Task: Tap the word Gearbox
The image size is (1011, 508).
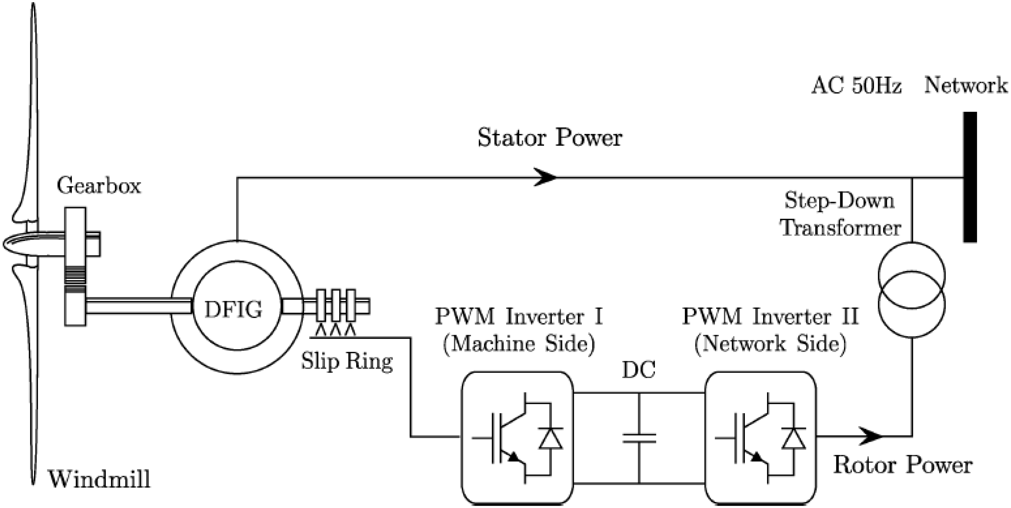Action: pyautogui.click(x=99, y=186)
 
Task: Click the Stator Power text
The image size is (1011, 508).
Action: pyautogui.click(x=549, y=138)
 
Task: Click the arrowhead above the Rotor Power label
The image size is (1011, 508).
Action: pyautogui.click(x=870, y=436)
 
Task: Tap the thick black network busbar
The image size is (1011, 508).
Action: pyautogui.click(x=970, y=177)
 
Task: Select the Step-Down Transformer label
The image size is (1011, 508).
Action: pyautogui.click(x=840, y=215)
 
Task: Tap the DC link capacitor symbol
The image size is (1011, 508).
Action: pyautogui.click(x=639, y=438)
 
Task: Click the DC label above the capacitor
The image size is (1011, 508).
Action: pyautogui.click(x=639, y=370)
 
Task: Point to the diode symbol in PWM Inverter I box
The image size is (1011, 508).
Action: pyautogui.click(x=551, y=438)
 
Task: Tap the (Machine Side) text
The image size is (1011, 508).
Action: pyautogui.click(x=519, y=344)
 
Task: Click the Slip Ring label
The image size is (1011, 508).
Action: pyautogui.click(x=347, y=361)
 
